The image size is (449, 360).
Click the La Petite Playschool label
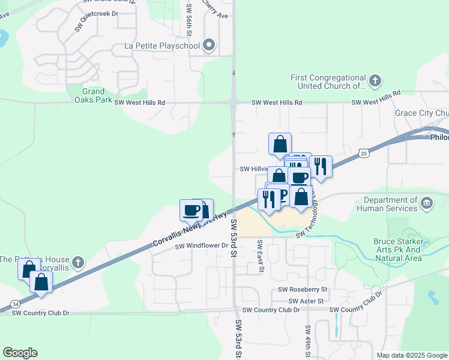coord(161,46)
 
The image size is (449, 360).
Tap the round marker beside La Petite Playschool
coord(209,46)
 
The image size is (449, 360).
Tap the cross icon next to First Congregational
coord(375,80)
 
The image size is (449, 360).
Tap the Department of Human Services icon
coord(427,203)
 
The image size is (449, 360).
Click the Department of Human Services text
coord(387,204)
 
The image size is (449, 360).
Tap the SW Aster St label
coord(306,301)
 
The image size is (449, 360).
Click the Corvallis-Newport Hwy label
coord(190,229)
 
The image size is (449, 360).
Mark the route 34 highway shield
coord(14,305)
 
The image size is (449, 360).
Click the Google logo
coord(20,353)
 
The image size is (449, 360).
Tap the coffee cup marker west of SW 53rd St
coord(192,211)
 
